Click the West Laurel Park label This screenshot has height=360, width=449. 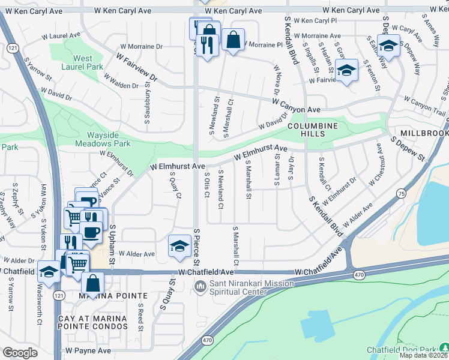click(x=83, y=63)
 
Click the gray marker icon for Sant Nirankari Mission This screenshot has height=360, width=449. click(x=200, y=287)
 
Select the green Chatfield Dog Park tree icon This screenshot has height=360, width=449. click(x=444, y=347)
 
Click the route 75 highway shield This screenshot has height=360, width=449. click(x=400, y=193)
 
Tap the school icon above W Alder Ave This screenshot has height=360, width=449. click(x=179, y=245)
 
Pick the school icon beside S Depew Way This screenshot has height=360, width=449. click(x=389, y=46)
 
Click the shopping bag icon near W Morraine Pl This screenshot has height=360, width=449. click(x=233, y=40)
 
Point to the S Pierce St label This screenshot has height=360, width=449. click(x=196, y=246)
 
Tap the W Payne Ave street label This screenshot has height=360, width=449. click(x=88, y=350)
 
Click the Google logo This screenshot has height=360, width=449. click(x=20, y=353)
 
